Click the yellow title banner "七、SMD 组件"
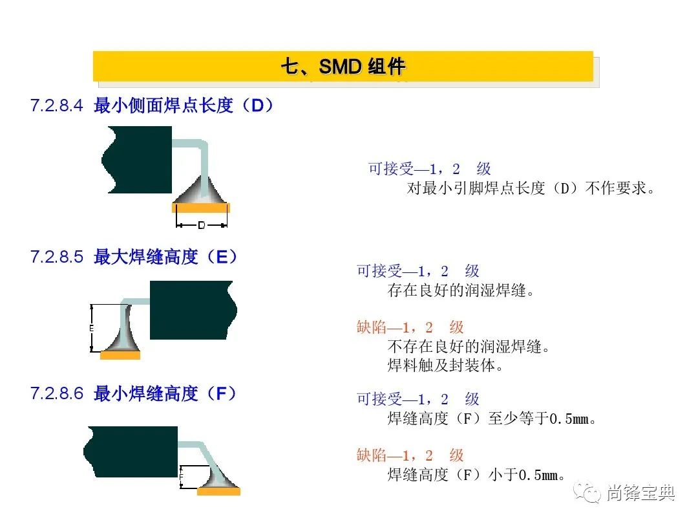(343, 67)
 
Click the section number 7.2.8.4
(56, 105)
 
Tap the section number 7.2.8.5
(56, 257)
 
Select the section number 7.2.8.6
(56, 393)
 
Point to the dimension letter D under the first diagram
(202, 225)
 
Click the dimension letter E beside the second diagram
(91, 329)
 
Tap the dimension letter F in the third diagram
(181, 477)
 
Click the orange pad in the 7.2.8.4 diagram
(201, 208)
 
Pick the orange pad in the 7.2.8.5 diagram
(120, 355)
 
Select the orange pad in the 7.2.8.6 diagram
(218, 491)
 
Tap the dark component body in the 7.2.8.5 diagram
(193, 310)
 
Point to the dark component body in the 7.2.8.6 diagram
(131, 452)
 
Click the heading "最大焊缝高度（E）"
(165, 257)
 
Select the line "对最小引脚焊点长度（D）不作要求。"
(531, 188)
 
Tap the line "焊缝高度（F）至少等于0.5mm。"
(492, 419)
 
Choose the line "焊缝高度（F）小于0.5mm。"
(476, 475)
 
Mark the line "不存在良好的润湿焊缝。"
(469, 346)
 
